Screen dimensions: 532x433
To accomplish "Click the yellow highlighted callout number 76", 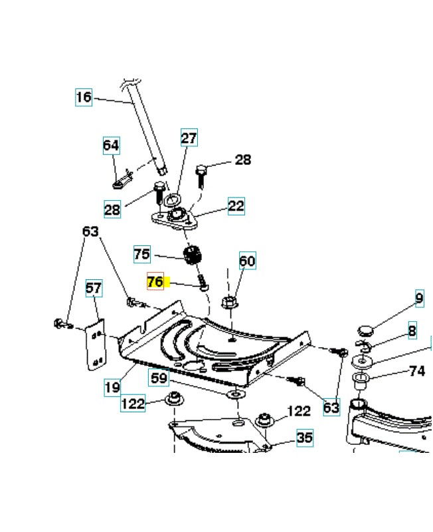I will pos(155,282).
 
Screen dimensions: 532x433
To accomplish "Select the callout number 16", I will pos(83,97).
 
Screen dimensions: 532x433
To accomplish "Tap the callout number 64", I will pos(111,145).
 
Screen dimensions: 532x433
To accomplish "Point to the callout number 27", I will pos(189,138).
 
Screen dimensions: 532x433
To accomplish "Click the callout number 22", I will pos(236,206).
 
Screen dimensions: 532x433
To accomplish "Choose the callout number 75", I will pos(141,254).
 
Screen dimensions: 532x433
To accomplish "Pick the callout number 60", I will pos(247,261).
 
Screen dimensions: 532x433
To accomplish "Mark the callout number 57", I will pos(94,289).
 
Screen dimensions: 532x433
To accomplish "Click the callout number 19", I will pos(112,386).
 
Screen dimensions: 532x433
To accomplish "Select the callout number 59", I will pos(159,378).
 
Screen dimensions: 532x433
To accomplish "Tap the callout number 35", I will pos(304,438).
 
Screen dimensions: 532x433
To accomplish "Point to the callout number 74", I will pos(416,371).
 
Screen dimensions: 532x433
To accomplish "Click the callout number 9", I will pos(419,299).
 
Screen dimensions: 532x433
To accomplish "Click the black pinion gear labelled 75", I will pos(192,255).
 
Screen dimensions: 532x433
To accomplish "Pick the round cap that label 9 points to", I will pos(365,329).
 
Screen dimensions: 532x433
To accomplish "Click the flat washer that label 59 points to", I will pos(234,396).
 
